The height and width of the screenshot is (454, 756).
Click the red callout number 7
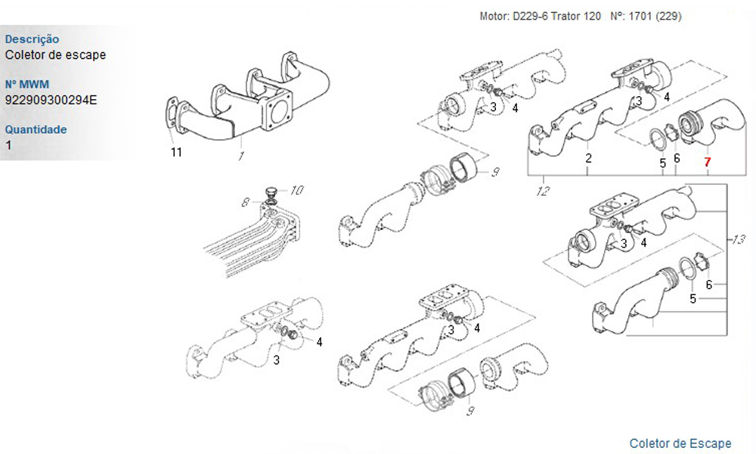click(707, 162)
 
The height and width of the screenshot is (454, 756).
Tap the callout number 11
click(176, 152)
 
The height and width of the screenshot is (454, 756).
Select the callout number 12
click(543, 191)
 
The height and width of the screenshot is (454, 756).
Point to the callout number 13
click(739, 239)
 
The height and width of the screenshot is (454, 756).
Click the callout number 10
click(297, 190)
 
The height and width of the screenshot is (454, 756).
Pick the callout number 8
click(246, 203)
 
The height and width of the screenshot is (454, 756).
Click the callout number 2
click(589, 158)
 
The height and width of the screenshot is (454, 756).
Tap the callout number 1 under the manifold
click(240, 156)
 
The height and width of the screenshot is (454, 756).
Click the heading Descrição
click(32, 39)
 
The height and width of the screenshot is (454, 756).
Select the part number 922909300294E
click(51, 100)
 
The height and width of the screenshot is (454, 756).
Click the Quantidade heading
click(36, 129)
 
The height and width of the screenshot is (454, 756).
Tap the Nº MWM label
click(27, 84)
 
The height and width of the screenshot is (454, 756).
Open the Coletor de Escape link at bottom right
click(680, 443)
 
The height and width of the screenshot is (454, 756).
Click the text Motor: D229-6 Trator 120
click(540, 17)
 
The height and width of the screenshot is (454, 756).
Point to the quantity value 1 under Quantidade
click(8, 145)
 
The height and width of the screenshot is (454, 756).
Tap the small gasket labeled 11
click(171, 115)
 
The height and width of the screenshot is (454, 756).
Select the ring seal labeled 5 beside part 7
click(657, 139)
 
